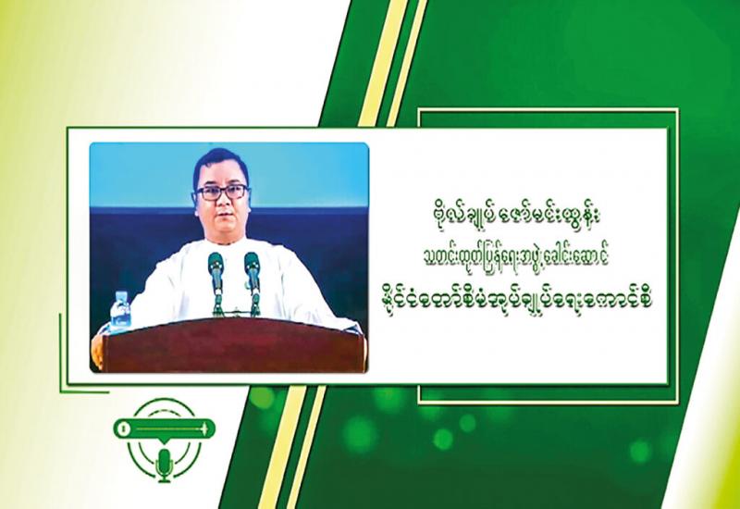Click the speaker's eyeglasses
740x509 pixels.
(x=221, y=192)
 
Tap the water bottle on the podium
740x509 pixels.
(x=120, y=311)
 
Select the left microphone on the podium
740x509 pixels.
(x=216, y=283)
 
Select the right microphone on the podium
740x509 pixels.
(x=253, y=282)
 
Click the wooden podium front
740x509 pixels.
(x=234, y=346)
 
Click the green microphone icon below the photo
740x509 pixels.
(x=165, y=465)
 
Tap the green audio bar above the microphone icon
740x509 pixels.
(x=165, y=428)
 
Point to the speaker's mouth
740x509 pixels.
(x=221, y=218)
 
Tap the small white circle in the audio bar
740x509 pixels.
(x=124, y=428)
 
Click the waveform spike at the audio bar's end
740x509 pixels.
(x=204, y=428)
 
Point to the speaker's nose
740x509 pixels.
(x=221, y=203)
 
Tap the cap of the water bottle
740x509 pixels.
(x=121, y=293)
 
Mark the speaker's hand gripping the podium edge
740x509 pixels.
(x=97, y=351)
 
